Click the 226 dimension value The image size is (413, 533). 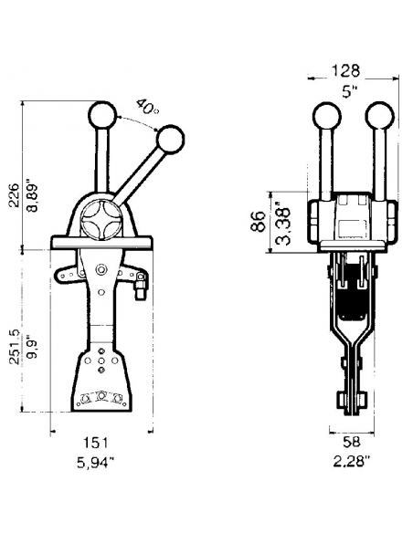(14, 195)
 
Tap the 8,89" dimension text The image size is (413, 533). (33, 198)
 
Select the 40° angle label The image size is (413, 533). (146, 107)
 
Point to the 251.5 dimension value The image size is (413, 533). (14, 347)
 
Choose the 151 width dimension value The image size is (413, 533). (95, 443)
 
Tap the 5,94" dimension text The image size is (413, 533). (95, 463)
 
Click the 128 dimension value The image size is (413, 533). (345, 70)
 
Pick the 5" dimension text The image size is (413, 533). (350, 91)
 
